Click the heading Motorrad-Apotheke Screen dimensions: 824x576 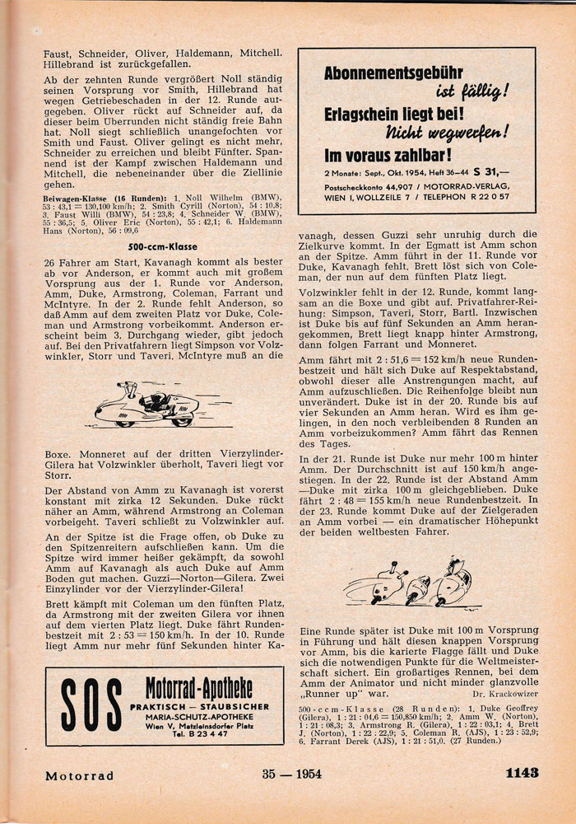(198, 688)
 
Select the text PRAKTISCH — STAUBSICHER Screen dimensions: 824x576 (198, 706)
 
